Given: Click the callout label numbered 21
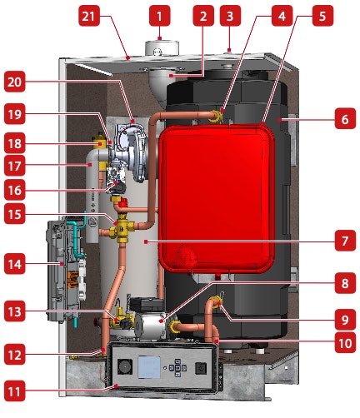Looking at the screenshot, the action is click(89, 16).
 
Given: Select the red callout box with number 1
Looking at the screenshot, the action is click(159, 16).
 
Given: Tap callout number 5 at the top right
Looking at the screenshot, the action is click(322, 16).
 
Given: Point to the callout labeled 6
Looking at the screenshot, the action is click(345, 119).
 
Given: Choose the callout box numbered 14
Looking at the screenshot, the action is click(15, 264).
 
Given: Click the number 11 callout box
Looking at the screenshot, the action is click(15, 391).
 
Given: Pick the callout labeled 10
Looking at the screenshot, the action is click(345, 343).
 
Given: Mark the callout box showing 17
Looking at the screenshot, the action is click(15, 166).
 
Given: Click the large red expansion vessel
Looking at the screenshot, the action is click(216, 198).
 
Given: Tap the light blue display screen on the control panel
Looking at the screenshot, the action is click(149, 367).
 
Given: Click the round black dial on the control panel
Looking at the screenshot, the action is click(125, 366).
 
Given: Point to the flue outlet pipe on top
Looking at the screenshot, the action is click(162, 48).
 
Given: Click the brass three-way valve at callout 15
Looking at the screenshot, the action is click(121, 229).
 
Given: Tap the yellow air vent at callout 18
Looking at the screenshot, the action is click(99, 142).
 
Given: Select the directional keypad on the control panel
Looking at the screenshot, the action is click(177, 368).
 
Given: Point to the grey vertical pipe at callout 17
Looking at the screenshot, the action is click(92, 194).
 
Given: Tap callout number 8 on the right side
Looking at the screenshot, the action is click(345, 283).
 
